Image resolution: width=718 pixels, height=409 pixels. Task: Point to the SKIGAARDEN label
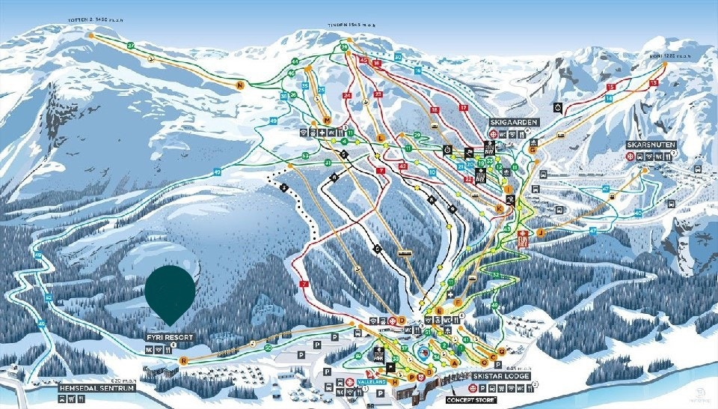pos(511,121)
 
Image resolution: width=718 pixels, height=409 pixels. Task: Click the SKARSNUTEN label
pos(652,145)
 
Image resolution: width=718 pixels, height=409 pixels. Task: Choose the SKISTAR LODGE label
pos(500,377)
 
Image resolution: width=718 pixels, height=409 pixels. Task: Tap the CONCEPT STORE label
pos(472,400)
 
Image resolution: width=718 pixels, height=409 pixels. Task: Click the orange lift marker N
pos(240,85)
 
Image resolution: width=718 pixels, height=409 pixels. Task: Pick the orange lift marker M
pos(327,120)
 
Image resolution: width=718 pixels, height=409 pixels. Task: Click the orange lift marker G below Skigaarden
pos(533,149)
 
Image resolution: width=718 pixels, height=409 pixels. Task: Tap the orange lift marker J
pos(539,232)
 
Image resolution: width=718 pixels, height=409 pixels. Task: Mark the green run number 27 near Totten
pos(130,46)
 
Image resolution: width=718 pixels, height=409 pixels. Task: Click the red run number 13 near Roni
pos(654,82)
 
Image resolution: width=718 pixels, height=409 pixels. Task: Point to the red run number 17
pos(464,108)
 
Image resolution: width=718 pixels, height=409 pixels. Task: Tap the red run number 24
pos(346,96)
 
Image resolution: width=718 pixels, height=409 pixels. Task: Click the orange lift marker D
pos(402,321)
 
